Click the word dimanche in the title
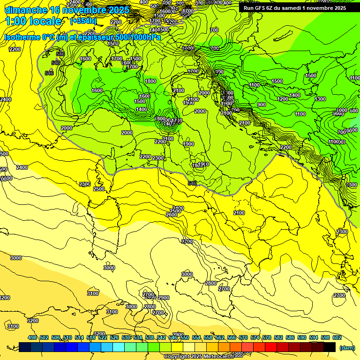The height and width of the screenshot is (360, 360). pos(26,10)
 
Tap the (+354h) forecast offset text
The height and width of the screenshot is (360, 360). pos(83,21)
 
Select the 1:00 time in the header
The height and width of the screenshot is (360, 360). pos(17,21)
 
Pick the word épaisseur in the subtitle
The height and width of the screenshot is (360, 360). pos(101,37)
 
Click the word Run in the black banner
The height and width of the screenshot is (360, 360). pos(249,8)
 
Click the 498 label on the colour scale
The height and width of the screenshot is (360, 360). pos(32,337)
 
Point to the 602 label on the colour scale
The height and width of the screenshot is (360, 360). pos(337,337)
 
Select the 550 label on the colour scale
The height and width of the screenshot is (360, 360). pos(184,337)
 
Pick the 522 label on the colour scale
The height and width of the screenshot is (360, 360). pos(103,337)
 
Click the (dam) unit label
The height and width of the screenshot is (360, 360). pos(346,347)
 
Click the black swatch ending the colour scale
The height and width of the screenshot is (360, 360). pos(330,347)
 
